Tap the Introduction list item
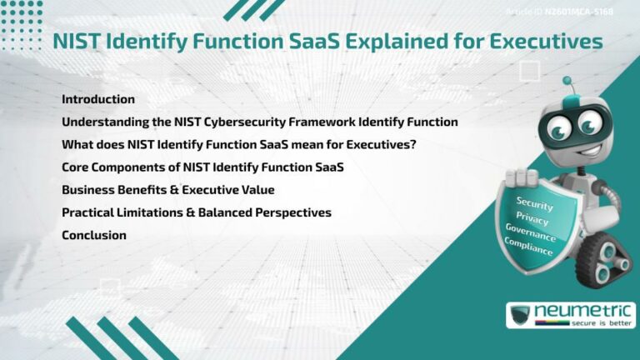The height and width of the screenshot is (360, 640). click(98, 99)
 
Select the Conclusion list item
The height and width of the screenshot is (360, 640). click(94, 235)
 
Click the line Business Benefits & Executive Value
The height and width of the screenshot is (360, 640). click(168, 190)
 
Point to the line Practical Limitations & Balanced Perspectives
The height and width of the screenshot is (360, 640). click(197, 212)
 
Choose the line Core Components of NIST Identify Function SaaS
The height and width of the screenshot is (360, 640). click(202, 167)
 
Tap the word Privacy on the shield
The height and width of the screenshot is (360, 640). click(532, 219)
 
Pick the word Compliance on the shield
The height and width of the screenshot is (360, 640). click(527, 246)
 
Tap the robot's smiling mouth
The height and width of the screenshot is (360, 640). click(567, 147)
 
